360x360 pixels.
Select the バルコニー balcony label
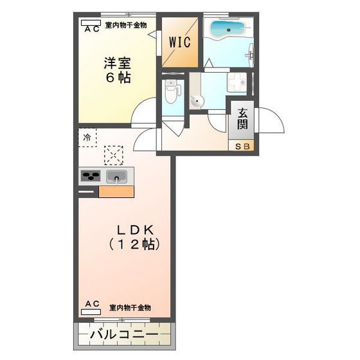(x=125, y=335)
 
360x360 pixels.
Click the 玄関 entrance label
(x=242, y=118)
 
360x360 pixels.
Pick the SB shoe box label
(x=242, y=147)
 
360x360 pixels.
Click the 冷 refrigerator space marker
(x=87, y=136)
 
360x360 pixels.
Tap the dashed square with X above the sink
(x=114, y=155)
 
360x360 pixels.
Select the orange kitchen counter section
(x=116, y=190)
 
